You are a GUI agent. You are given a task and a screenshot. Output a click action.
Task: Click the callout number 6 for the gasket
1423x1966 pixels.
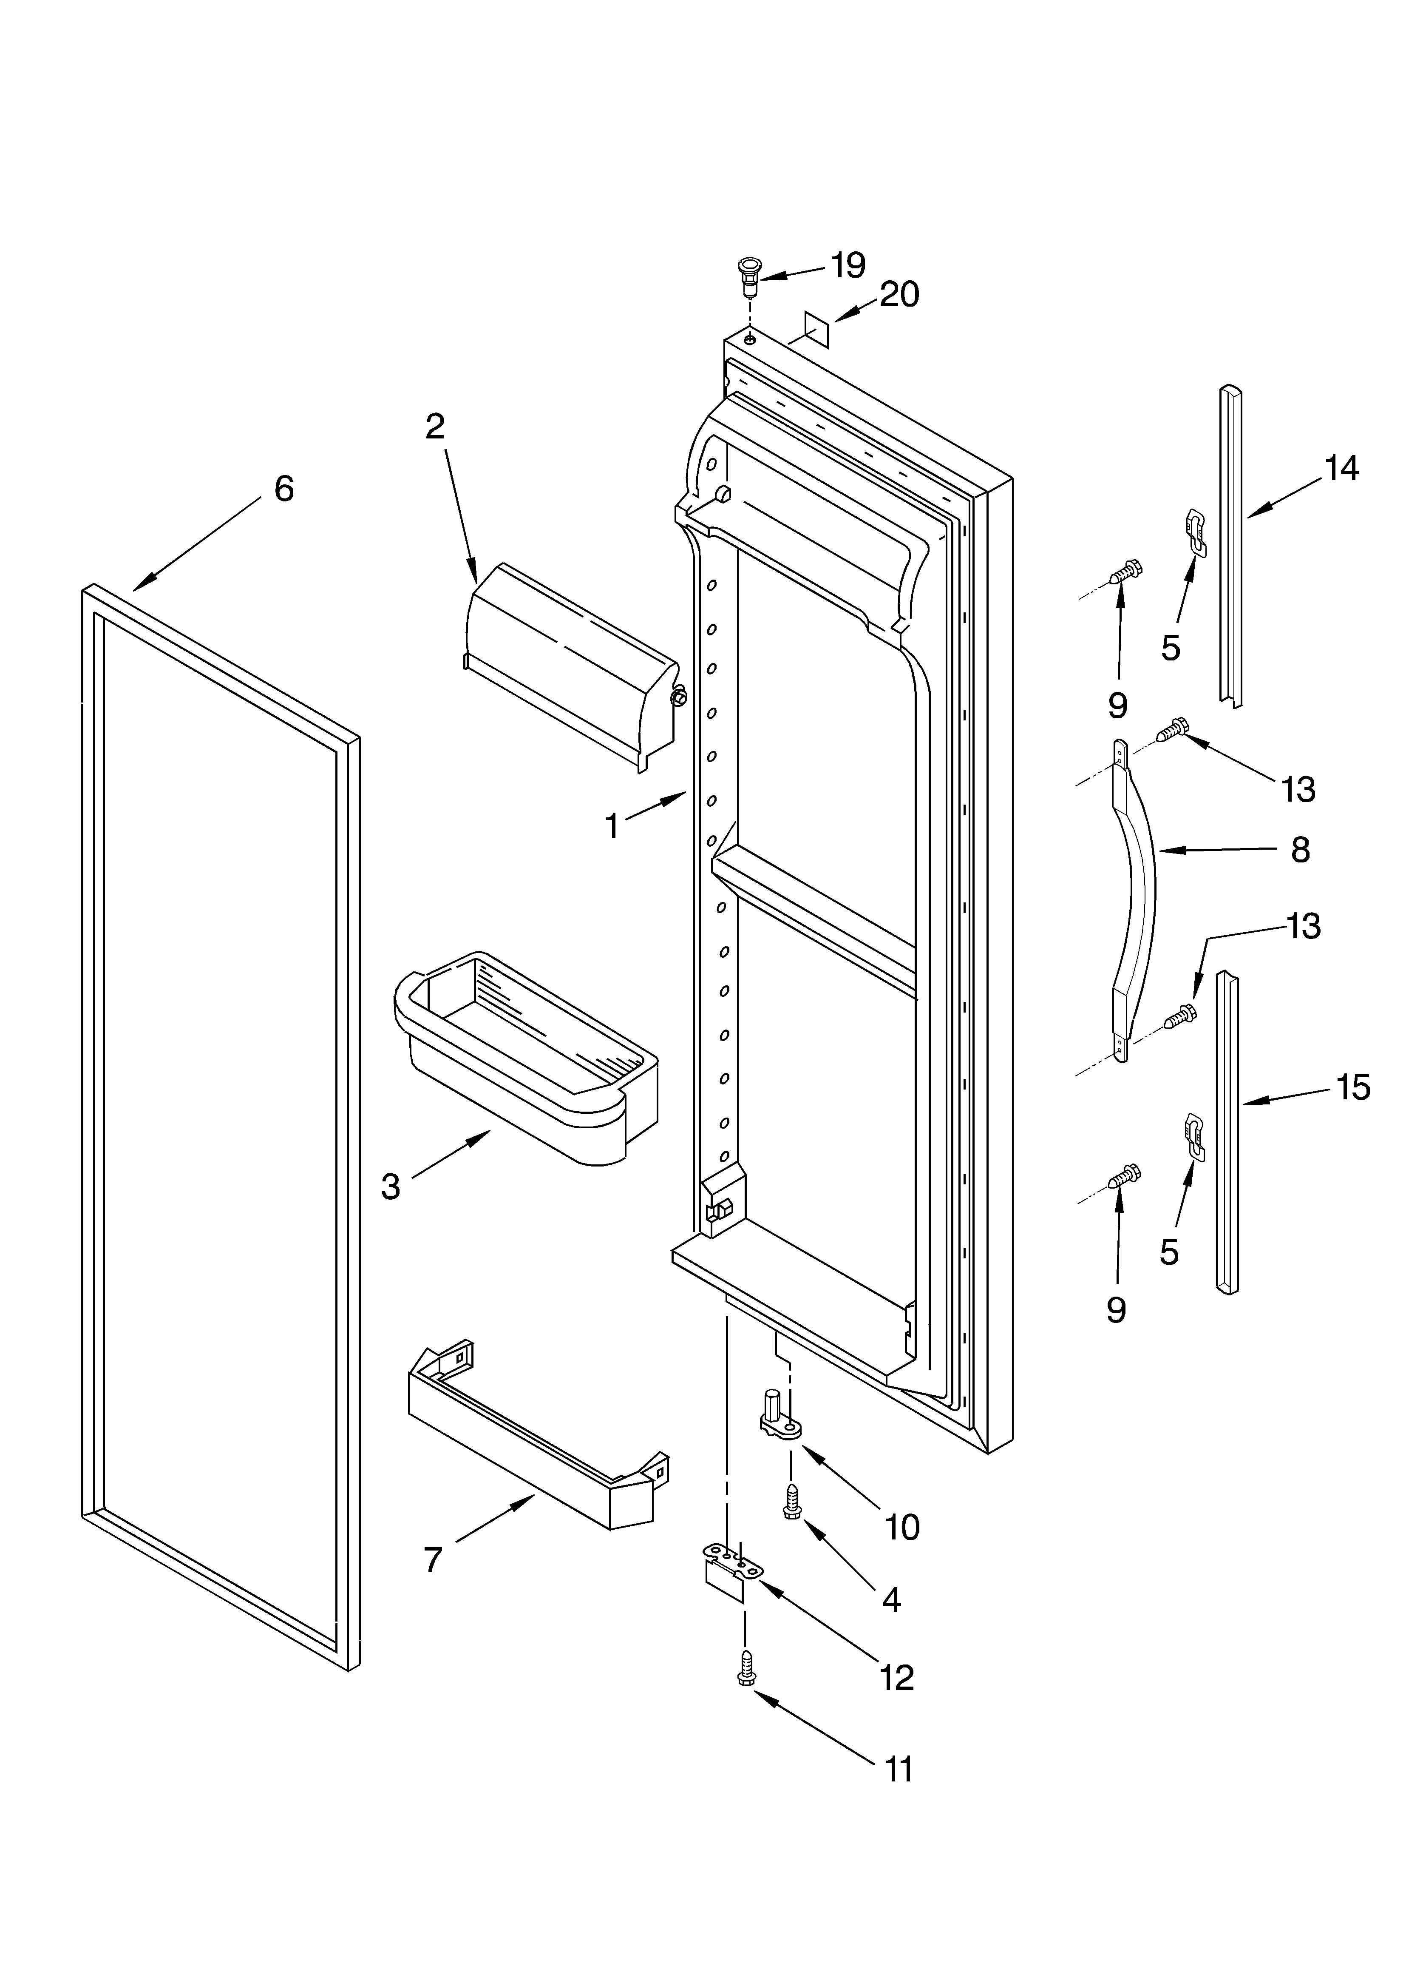point(283,489)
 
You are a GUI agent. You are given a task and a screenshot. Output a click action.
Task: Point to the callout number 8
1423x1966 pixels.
point(1300,851)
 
